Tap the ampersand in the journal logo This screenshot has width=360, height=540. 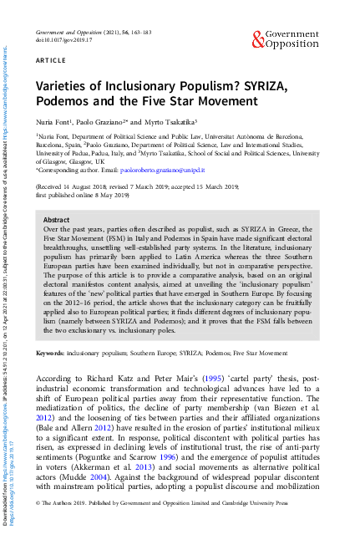(256, 36)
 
